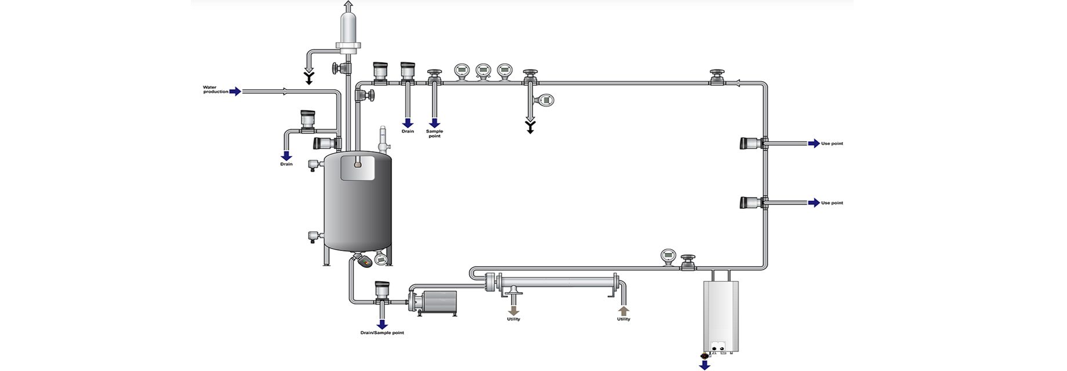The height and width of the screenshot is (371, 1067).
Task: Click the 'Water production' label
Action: coord(216,89)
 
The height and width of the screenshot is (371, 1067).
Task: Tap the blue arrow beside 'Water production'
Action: coord(235,91)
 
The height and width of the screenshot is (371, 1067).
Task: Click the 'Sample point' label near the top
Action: coord(434,133)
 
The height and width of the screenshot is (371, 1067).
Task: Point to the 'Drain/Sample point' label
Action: coord(382,333)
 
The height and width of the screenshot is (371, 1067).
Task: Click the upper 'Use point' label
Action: coord(832,143)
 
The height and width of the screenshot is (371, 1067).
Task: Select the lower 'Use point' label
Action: coord(832,203)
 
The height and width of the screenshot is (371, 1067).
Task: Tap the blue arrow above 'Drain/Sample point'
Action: coord(382,323)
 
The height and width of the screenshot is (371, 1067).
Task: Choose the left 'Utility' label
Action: coord(513,319)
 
